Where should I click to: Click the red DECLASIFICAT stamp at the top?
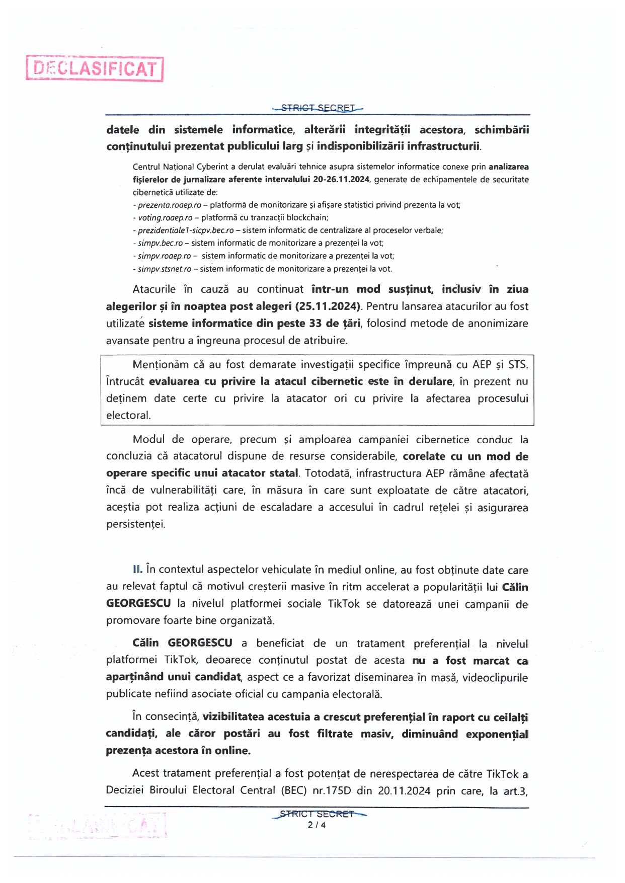coord(95,69)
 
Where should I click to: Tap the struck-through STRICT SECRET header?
coord(318,108)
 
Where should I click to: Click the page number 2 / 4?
coord(317,825)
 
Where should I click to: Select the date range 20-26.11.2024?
coord(341,180)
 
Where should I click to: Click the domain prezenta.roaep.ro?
coord(170,205)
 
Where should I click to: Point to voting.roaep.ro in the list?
coord(165,218)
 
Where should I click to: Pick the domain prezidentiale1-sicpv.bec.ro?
coord(186,230)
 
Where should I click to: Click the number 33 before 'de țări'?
coord(316,324)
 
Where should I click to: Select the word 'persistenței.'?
coord(135,524)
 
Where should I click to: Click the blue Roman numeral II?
coord(137,570)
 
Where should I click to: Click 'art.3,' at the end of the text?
coord(515,791)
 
